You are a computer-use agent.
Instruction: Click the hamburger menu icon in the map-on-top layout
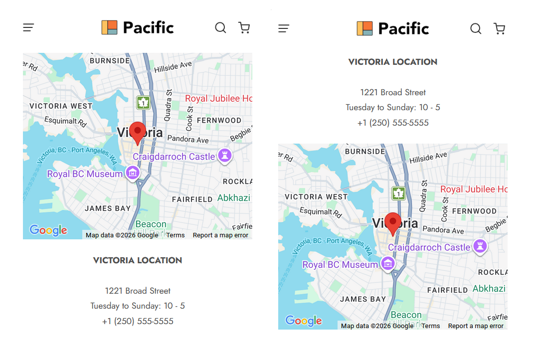(x=28, y=28)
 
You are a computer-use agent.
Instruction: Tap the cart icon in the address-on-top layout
(x=499, y=28)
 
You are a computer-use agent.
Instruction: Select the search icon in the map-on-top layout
(x=220, y=28)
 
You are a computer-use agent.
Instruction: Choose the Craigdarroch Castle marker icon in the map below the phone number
(x=480, y=246)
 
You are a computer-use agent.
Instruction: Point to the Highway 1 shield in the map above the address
(x=144, y=103)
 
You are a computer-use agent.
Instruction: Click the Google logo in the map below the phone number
(x=304, y=321)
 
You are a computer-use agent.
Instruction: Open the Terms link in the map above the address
(x=176, y=235)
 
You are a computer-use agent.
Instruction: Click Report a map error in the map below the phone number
(x=476, y=326)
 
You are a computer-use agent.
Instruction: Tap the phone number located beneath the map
(x=138, y=321)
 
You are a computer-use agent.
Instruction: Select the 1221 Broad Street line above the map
(x=393, y=92)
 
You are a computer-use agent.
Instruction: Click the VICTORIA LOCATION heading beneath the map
(x=138, y=260)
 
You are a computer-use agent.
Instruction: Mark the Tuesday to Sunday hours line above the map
(x=393, y=107)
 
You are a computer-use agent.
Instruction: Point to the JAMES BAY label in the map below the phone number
(x=363, y=299)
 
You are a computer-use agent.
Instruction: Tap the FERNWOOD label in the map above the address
(x=219, y=120)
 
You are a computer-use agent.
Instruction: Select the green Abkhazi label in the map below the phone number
(x=489, y=289)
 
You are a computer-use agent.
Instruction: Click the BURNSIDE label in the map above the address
(x=110, y=61)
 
